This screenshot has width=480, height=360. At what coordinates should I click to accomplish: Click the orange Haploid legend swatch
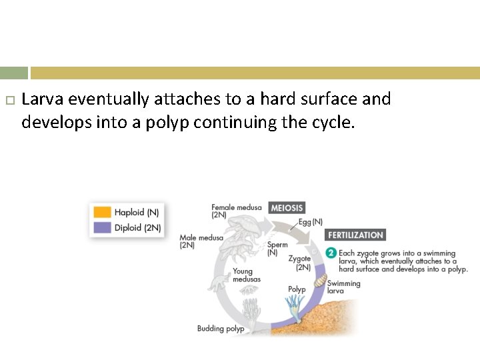click(102, 213)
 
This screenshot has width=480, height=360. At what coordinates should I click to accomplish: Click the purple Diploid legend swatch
click(102, 227)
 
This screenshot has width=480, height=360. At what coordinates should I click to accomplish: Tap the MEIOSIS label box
click(287, 208)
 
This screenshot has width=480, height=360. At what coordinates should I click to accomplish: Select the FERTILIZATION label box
click(355, 235)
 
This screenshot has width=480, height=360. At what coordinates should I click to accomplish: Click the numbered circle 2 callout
click(331, 253)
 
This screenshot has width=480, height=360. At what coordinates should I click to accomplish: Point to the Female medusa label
click(236, 211)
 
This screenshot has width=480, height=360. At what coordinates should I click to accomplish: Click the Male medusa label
click(201, 241)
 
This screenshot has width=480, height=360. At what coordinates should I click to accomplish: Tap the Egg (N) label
click(310, 221)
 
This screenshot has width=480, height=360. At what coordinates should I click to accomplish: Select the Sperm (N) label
click(277, 249)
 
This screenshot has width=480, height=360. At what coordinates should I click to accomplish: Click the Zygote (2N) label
click(299, 263)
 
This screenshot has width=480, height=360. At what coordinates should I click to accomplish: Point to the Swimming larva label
click(343, 287)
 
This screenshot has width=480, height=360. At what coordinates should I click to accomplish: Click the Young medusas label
click(243, 275)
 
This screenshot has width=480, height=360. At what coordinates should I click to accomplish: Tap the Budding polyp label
click(220, 328)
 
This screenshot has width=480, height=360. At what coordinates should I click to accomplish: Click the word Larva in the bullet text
click(43, 99)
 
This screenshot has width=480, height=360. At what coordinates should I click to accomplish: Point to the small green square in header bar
click(14, 73)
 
